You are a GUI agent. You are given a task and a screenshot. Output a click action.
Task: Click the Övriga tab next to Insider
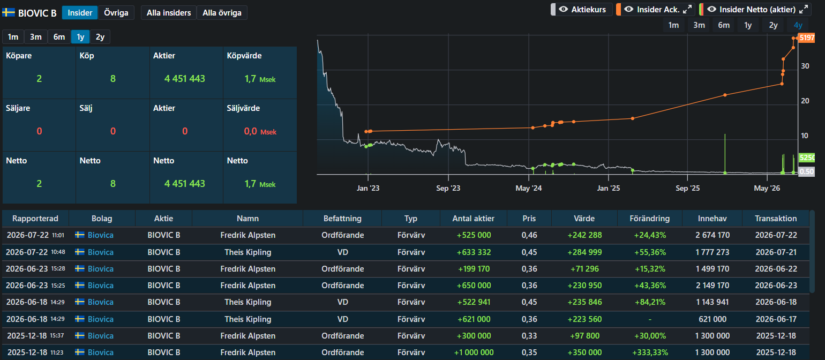(116, 13)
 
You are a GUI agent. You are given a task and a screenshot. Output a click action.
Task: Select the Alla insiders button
(169, 13)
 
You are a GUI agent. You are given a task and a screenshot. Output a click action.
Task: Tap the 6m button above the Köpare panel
(59, 37)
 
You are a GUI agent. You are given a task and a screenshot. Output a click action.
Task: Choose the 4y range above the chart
(798, 25)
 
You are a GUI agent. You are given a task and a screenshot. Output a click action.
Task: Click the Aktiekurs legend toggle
(582, 10)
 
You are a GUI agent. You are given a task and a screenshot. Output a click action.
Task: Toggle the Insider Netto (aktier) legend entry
(755, 10)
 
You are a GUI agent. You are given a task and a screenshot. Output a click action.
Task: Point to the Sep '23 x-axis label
(448, 188)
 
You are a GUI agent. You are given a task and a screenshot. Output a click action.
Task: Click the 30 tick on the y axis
(805, 66)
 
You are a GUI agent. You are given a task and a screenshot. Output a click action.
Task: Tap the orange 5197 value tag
(807, 37)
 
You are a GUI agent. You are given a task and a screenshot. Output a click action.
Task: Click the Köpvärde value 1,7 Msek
(260, 79)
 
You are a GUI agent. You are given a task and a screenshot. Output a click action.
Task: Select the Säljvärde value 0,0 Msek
(260, 132)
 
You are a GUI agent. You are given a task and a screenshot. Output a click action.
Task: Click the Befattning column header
(342, 219)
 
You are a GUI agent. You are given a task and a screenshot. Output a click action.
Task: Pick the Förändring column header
(650, 219)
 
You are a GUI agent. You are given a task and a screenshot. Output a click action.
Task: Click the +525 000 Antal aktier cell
(474, 235)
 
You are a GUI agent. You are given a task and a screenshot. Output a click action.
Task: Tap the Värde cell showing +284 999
(584, 252)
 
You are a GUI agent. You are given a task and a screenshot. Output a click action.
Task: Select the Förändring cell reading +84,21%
(650, 302)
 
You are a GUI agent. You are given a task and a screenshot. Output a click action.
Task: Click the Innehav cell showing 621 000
(712, 319)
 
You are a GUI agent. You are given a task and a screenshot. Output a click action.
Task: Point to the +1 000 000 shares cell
(474, 352)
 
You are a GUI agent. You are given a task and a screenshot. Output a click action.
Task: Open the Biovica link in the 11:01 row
(101, 235)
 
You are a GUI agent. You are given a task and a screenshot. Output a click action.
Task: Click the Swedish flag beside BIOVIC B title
(9, 13)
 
